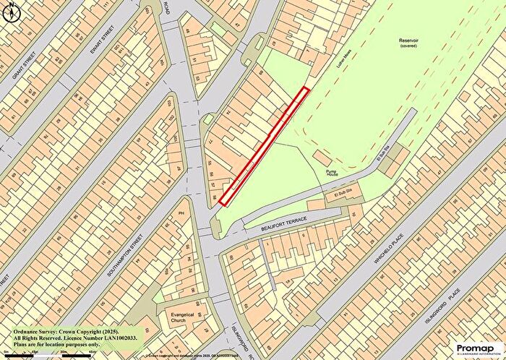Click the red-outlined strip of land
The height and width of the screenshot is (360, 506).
coord(265,145)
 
